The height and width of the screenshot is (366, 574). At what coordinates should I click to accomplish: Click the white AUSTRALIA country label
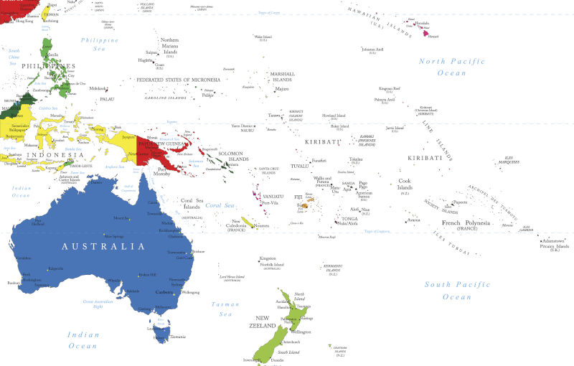[98, 246]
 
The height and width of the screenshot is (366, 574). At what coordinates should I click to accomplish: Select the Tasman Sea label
[225, 309]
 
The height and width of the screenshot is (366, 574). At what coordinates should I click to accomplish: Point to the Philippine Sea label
[100, 44]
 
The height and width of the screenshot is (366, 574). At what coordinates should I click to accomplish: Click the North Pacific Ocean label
[442, 67]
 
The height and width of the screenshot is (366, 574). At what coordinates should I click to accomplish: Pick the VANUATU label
[273, 196]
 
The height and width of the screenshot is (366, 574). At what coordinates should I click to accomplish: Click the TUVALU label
[299, 166]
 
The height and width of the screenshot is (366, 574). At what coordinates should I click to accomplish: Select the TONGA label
[349, 218]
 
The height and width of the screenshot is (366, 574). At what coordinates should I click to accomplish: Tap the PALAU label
[106, 98]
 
